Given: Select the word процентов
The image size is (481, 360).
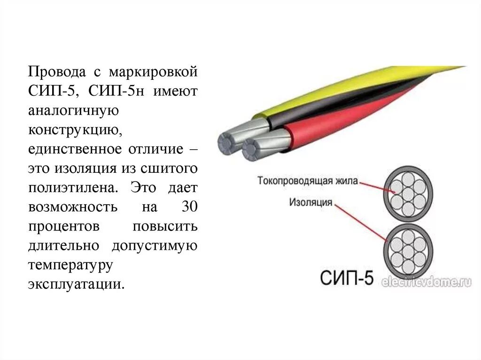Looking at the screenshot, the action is point(63,226).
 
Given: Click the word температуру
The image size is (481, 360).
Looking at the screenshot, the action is point(70,264).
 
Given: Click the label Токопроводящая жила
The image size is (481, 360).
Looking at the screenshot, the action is point(308,181).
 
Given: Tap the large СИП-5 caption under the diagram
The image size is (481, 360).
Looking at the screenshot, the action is point(348,277).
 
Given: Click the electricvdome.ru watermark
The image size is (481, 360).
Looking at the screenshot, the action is point(427,282).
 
